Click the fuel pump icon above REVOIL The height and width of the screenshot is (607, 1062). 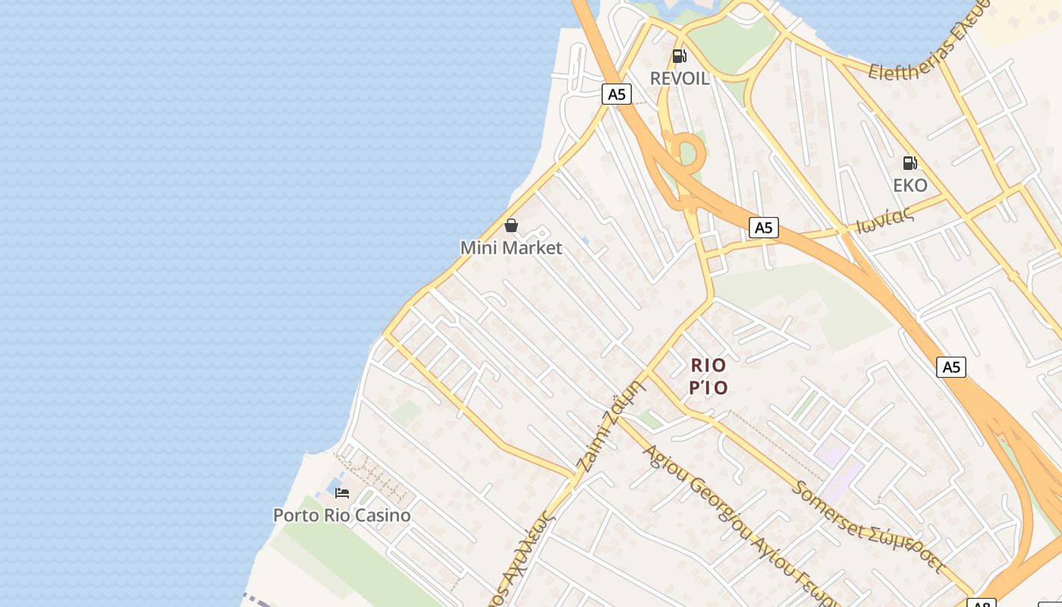coord(679,56)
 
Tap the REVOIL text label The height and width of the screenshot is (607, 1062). coord(680,78)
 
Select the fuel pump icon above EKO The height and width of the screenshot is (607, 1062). coord(910,162)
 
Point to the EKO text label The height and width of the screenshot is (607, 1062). coord(910,185)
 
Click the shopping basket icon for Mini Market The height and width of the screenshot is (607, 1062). coord(511,225)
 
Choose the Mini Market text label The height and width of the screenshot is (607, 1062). coord(511,247)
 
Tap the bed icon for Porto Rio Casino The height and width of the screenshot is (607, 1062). coord(342,493)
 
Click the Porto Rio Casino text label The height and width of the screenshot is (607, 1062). coord(342,515)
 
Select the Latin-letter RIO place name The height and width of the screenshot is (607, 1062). coord(709,365)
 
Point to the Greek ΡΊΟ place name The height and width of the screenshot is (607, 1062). coord(709,388)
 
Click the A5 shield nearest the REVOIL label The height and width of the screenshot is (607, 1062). coord(617,94)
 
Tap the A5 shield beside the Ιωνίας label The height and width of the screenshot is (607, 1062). coord(764,228)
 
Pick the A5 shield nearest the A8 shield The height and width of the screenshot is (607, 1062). coord(950,367)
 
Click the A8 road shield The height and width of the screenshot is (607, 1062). coord(981,603)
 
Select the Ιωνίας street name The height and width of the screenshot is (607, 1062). coord(884,220)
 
